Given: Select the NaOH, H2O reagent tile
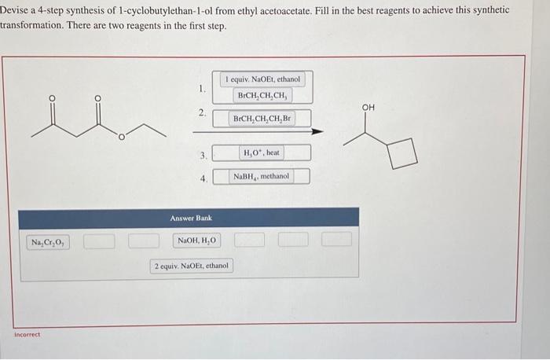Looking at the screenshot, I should (196, 241).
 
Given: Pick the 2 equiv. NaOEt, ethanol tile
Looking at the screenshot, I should (192, 266).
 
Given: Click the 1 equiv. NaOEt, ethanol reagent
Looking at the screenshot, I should (262, 79).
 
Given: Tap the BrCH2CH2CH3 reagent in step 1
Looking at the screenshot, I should (262, 95).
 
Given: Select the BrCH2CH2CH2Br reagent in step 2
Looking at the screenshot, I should (262, 119).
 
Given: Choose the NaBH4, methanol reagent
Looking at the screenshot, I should (261, 177).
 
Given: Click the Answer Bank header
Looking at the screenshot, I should (190, 218).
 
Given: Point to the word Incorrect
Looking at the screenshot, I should (27, 334).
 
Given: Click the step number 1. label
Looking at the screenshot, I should (202, 87).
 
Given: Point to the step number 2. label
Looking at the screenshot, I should (202, 114).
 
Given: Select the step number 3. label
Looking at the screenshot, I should (202, 155).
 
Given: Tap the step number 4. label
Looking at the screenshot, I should (202, 178).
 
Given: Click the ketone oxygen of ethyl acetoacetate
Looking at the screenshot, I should (53, 98).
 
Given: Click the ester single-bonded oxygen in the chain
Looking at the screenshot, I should (123, 138).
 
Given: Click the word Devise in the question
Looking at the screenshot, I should (16, 10).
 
